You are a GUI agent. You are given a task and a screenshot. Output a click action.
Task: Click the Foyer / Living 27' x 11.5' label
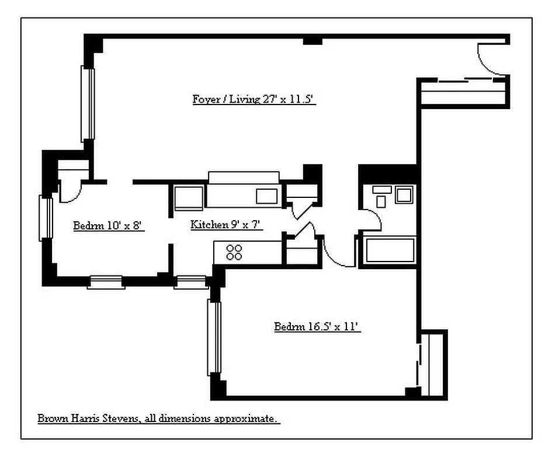254,99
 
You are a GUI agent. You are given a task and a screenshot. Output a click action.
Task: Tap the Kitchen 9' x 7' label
227,224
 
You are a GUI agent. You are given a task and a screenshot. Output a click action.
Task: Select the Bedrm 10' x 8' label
109,226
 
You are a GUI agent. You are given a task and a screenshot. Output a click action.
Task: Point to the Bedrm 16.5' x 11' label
317,326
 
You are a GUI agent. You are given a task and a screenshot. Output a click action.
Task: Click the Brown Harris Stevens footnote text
158,419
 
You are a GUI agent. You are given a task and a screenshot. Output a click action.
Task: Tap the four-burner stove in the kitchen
234,252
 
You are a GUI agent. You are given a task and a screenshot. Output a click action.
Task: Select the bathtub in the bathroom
390,250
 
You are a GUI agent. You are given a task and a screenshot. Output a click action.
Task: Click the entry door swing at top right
489,58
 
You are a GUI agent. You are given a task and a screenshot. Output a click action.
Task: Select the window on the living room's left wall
88,103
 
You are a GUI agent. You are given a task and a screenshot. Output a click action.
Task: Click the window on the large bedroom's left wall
214,337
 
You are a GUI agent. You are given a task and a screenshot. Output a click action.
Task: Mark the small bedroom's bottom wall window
106,283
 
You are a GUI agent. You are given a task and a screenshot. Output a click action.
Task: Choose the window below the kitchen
191,283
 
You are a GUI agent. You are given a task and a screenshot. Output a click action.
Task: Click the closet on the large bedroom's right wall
433,365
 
